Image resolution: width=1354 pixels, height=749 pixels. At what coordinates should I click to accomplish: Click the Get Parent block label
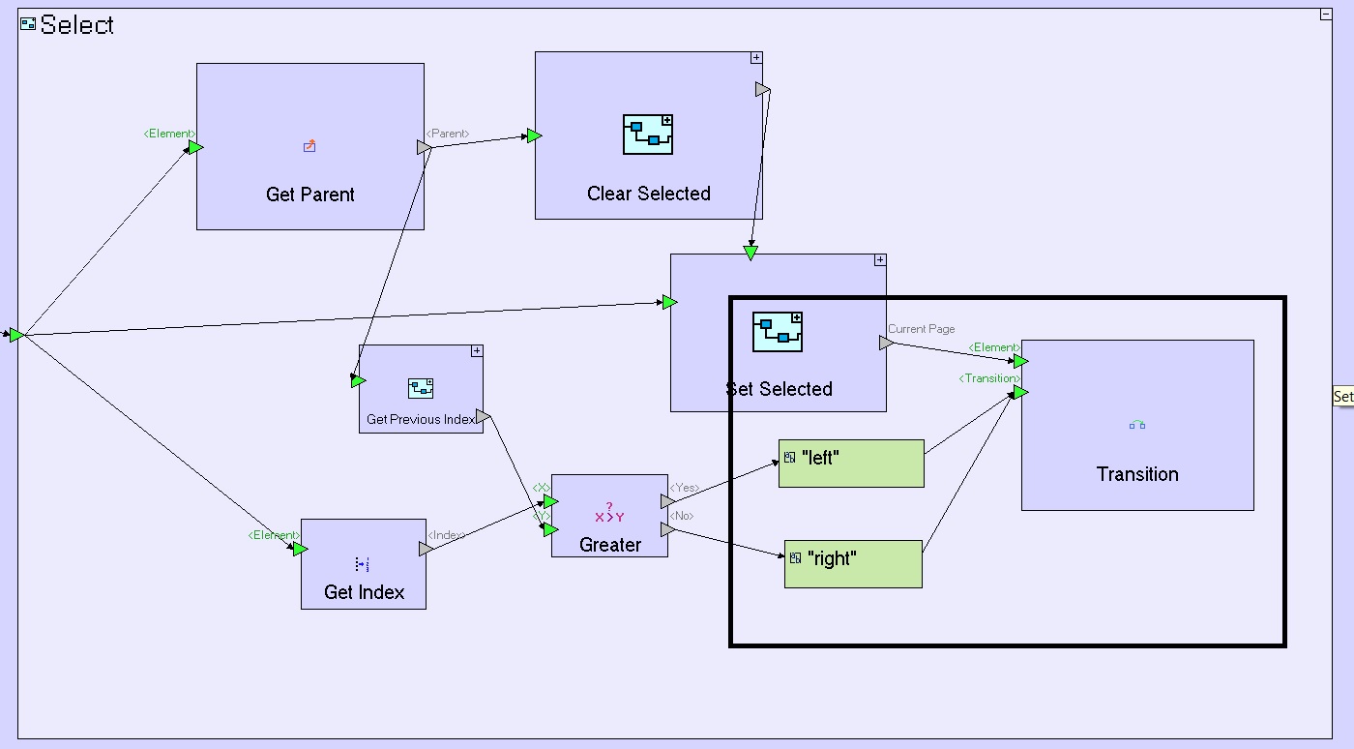tap(309, 195)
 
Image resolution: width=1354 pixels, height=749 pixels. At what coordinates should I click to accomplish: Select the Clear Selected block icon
tap(648, 135)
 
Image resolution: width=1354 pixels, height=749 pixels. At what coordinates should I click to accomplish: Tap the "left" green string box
tap(851, 463)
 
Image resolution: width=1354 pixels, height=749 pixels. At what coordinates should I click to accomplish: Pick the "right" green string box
tap(853, 563)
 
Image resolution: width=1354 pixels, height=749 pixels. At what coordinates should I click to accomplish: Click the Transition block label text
tap(1137, 474)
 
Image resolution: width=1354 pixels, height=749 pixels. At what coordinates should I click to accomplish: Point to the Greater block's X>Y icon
tap(609, 513)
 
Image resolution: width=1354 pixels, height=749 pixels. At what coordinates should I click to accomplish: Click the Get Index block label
tap(364, 592)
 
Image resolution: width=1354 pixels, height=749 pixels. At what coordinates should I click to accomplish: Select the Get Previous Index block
tap(421, 389)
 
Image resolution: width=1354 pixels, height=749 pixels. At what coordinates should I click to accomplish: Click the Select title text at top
tap(76, 25)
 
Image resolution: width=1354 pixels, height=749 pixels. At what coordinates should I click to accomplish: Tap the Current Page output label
tap(922, 329)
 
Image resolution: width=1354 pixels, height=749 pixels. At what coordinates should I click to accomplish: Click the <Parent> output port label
tap(448, 134)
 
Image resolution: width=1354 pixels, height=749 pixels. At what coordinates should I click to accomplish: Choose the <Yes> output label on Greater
tap(684, 488)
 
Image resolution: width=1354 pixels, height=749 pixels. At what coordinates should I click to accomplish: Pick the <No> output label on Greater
tap(682, 516)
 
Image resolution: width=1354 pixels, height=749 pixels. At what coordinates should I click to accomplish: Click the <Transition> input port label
tap(988, 378)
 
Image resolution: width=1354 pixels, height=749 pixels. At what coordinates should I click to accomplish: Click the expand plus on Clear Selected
tap(756, 58)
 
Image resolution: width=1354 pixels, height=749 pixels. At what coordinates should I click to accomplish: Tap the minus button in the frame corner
tap(1326, 15)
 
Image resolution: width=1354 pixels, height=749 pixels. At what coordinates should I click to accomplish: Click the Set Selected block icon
tap(778, 332)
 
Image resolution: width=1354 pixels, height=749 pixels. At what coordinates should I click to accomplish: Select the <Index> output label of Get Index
tap(447, 535)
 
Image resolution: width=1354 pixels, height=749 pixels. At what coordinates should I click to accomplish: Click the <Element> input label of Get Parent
tap(168, 134)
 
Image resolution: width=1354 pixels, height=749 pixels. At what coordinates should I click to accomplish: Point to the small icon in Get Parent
tap(309, 147)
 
